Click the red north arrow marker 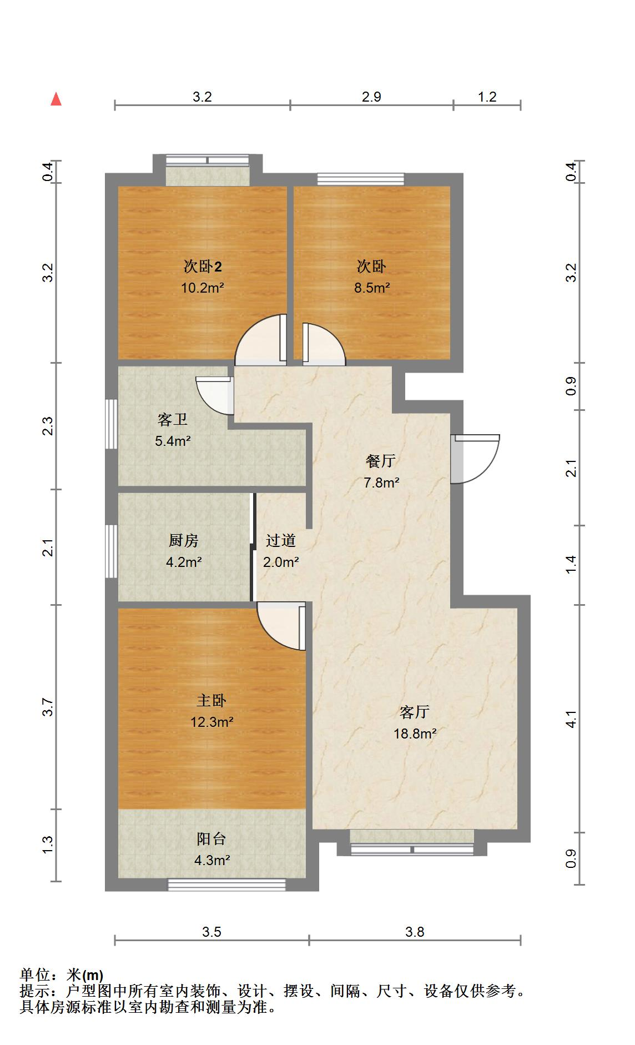point(56,99)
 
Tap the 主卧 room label point(211,700)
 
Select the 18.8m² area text point(415,733)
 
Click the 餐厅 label point(381,461)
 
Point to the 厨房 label point(183,540)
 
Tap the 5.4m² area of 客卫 point(173,441)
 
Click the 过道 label point(280,540)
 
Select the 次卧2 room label point(203,267)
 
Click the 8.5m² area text point(372,288)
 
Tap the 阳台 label point(211,839)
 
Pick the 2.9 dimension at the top point(371,97)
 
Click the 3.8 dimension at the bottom point(415,931)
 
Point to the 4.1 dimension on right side point(571,719)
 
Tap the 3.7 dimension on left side point(48,707)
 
